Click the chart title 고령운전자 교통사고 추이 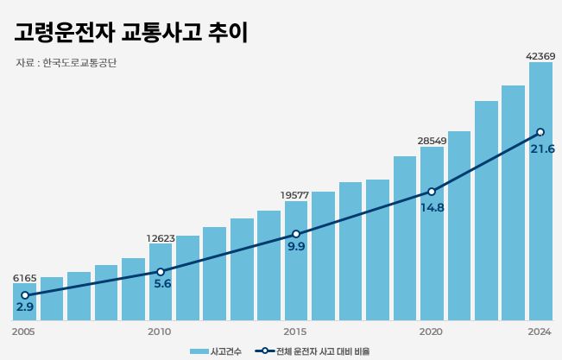coord(130,32)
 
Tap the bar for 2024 coord(540,191)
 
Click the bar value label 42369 coord(540,56)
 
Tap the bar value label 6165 coord(24,278)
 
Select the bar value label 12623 coord(160,238)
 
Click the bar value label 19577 coord(295,195)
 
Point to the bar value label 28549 coord(432,141)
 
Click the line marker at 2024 coord(540,132)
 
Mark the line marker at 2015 coord(295,234)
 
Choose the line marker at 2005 coord(24,295)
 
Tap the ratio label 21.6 coord(542,149)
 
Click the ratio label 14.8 coord(432,207)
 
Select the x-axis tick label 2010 coord(160,332)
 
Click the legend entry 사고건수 coord(216,351)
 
